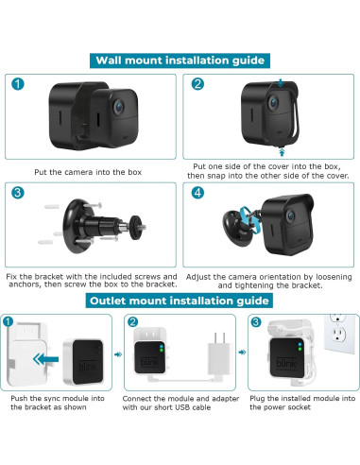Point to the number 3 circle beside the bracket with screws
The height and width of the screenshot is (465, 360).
pyautogui.click(x=19, y=194)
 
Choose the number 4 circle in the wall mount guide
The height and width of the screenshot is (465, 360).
pyautogui.click(x=197, y=194)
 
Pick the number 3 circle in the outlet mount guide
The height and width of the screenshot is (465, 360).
pyautogui.click(x=256, y=324)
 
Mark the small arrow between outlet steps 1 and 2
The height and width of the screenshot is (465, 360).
pyautogui.click(x=119, y=358)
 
